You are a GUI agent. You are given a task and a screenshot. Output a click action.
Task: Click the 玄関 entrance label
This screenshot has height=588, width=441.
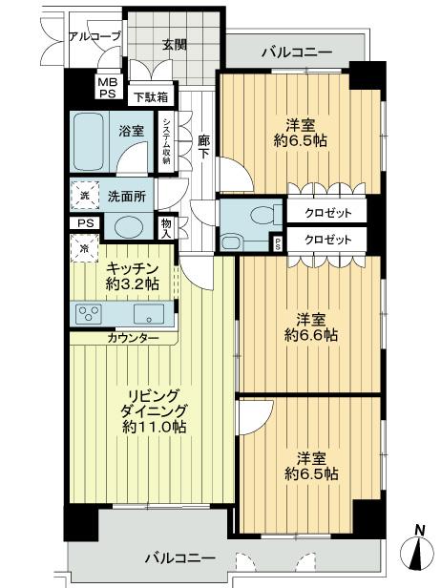pyautogui.click(x=174, y=44)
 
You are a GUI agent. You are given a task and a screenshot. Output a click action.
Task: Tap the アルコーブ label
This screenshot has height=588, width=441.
pyautogui.click(x=94, y=36)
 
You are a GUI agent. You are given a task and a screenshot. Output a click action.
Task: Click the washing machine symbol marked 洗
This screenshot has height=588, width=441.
pyautogui.click(x=83, y=196)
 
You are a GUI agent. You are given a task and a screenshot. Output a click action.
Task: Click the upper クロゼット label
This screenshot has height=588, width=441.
pyautogui.click(x=327, y=214)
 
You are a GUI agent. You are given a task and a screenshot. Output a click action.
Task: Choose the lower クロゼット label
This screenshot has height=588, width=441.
pyautogui.click(x=327, y=240)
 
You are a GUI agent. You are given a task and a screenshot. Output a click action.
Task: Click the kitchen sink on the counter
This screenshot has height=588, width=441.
pyautogui.click(x=149, y=314)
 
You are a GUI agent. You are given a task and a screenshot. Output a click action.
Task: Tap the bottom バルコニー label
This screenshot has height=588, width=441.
pyautogui.click(x=180, y=557)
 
